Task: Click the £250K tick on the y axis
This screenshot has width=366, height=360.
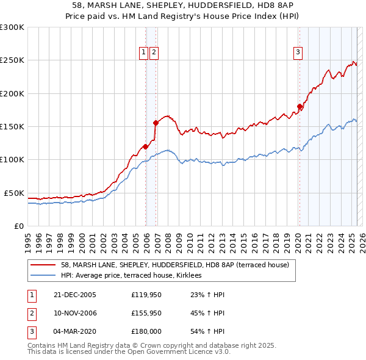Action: click(x=12, y=60)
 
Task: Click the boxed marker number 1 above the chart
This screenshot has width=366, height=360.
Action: click(x=143, y=53)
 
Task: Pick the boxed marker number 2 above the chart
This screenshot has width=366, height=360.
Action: click(x=154, y=53)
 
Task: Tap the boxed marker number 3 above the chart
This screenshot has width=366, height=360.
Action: click(x=298, y=53)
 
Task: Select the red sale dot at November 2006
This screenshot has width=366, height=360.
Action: click(x=156, y=123)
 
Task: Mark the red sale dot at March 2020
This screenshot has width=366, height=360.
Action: click(x=300, y=107)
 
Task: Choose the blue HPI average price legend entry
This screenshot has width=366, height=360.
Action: click(x=135, y=276)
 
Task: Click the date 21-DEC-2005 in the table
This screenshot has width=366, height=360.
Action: click(x=74, y=295)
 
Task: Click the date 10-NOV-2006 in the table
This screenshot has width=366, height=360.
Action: click(x=74, y=314)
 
